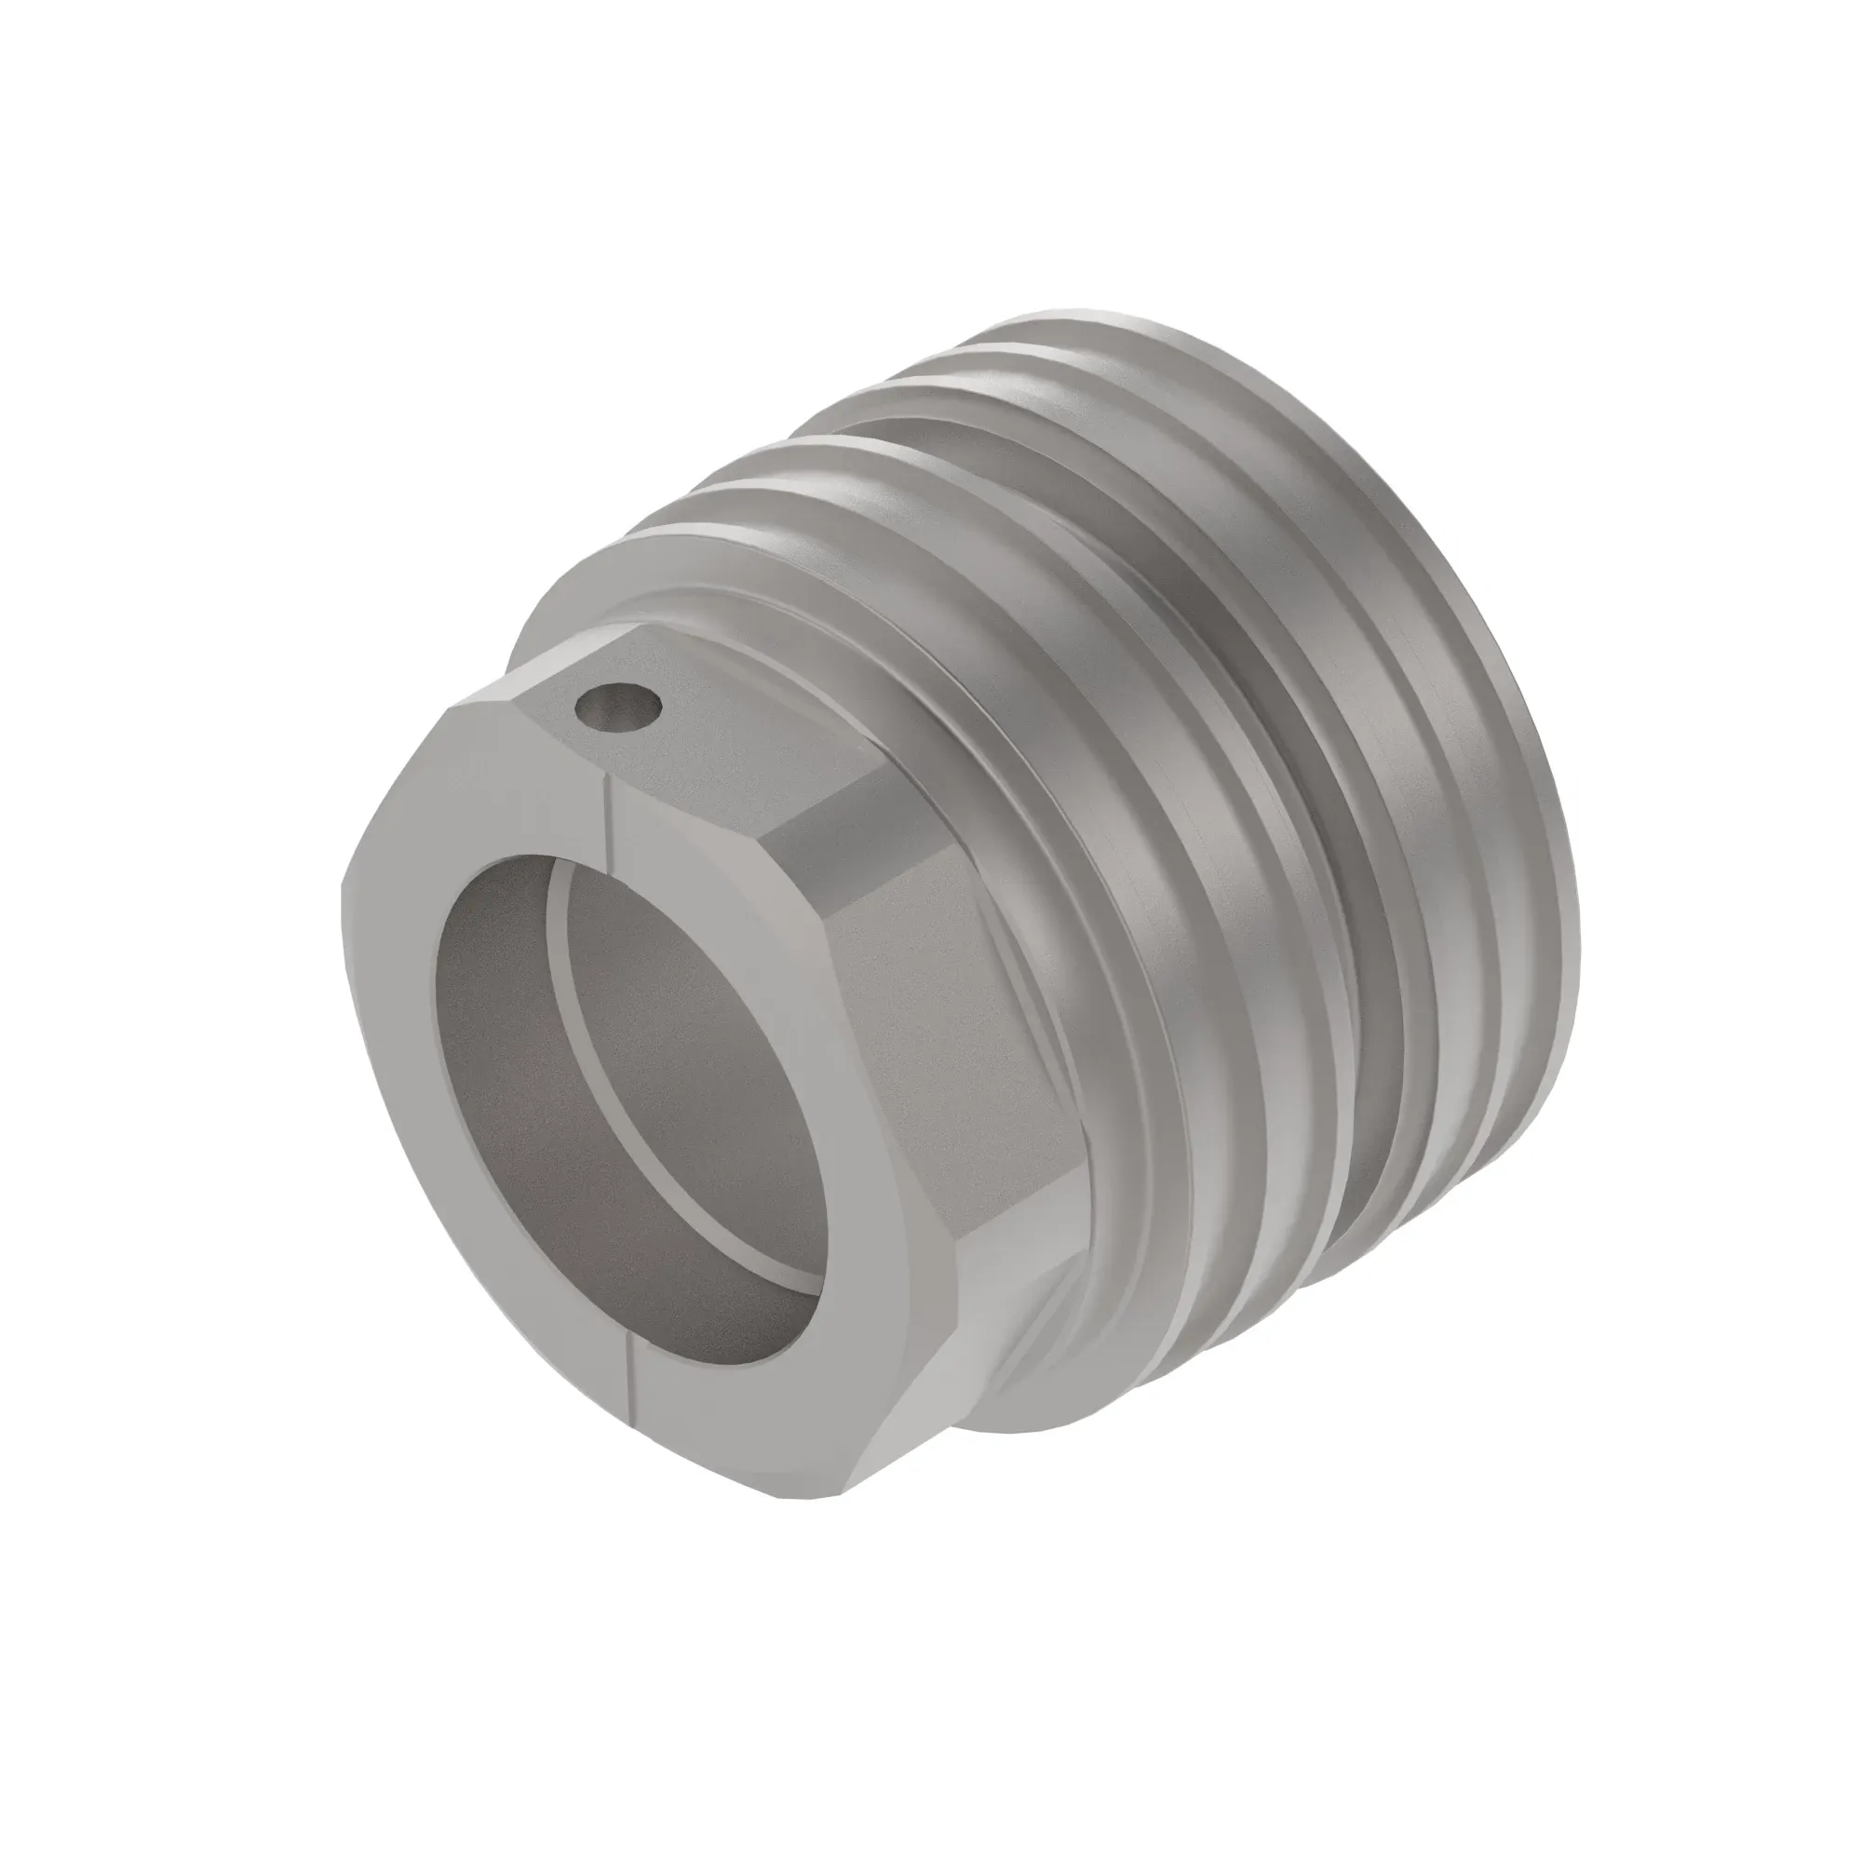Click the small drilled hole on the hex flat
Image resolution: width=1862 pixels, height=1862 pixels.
point(618,709)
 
